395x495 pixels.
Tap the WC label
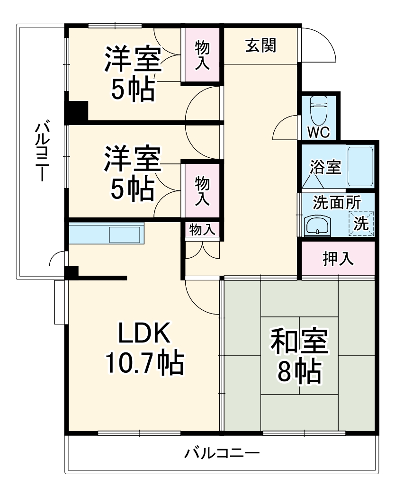[x=318, y=132]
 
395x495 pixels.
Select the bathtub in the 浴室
[x=360, y=166]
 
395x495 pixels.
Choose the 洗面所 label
[x=337, y=202]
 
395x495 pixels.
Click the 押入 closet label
[x=338, y=259]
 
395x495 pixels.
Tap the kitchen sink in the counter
[x=125, y=234]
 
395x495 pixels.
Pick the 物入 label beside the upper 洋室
[x=203, y=55]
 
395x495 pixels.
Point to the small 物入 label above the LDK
[x=202, y=230]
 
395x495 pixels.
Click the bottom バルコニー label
[x=222, y=453]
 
